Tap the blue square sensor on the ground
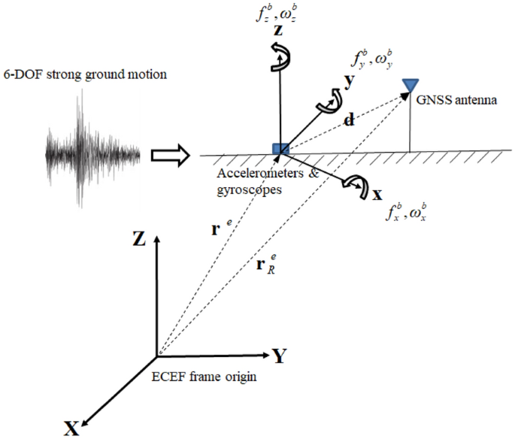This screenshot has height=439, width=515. pos(280,149)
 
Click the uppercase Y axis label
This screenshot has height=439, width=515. pos(279,356)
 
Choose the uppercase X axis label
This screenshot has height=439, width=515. pos(72,428)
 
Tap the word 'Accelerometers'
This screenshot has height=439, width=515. pos(250,173)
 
